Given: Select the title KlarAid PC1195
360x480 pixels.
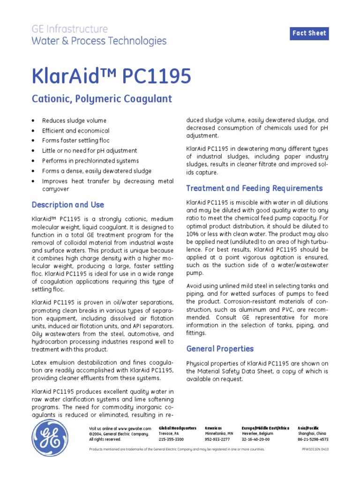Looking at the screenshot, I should [x=111, y=76].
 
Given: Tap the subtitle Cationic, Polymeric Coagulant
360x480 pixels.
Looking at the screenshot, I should [x=102, y=99].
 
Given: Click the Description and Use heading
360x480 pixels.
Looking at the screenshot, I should [x=67, y=205].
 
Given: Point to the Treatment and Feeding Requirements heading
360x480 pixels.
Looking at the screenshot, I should [x=254, y=188].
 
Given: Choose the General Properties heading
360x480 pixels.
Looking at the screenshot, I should [x=220, y=349].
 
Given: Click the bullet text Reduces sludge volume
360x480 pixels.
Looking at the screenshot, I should [x=74, y=121].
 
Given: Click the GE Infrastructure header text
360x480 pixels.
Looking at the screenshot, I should [x=69, y=29].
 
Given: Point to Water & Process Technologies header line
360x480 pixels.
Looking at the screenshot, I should [x=99, y=41].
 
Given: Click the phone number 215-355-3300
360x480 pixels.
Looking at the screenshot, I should [x=172, y=439].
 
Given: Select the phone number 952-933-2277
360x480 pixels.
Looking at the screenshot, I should [x=217, y=439].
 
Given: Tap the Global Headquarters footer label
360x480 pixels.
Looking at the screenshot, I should [x=178, y=428].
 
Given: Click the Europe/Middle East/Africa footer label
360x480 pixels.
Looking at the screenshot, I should [x=265, y=428].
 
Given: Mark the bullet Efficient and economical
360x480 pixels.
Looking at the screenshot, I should [x=75, y=131].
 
